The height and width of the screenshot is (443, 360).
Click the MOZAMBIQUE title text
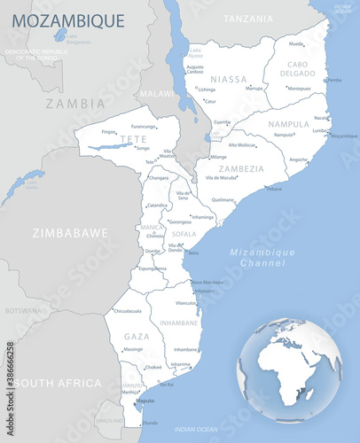coord(68,19)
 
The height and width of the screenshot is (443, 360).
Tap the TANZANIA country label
coord(248,19)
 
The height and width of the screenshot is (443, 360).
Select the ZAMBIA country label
coord(75,104)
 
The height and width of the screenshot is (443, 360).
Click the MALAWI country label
coord(158,93)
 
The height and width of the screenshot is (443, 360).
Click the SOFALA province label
coord(184,235)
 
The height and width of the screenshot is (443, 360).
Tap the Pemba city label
coord(334,80)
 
